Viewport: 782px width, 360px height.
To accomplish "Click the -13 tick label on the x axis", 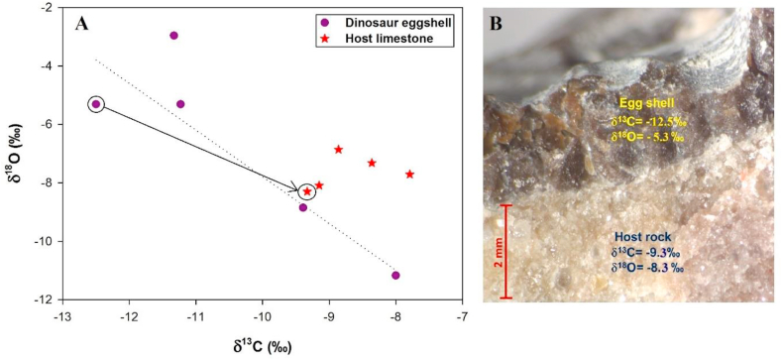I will click(x=61, y=317).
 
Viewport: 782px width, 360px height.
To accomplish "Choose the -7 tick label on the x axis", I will click(x=462, y=317).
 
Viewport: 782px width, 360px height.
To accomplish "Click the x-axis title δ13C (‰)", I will click(x=262, y=346).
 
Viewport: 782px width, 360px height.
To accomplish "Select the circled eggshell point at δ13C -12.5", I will click(x=96, y=104).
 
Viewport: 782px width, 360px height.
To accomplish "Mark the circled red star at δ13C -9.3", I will click(x=307, y=191).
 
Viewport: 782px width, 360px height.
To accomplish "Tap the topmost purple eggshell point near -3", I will click(x=173, y=36).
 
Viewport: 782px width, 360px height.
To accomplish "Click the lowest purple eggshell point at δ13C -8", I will click(x=395, y=275).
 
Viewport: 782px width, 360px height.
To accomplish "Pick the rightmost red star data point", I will click(x=409, y=175).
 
